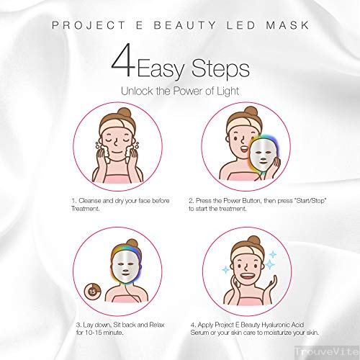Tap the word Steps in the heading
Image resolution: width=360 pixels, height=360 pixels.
[x=220, y=68]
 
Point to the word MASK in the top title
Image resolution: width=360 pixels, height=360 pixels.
[x=287, y=25]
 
